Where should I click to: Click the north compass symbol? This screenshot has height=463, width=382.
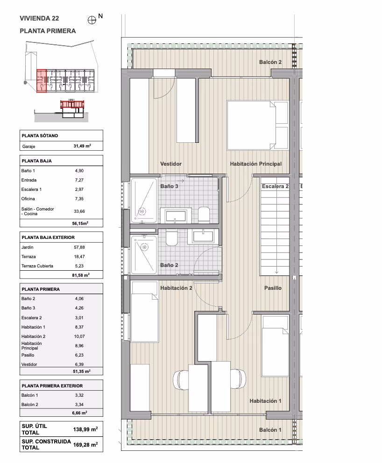tap(92, 20)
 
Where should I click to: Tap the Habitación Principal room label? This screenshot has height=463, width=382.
tap(256, 164)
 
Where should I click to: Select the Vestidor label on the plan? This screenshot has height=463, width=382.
tap(171, 164)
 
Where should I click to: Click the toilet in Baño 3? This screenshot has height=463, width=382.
tap(204, 214)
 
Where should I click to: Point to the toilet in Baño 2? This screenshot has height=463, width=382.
tap(171, 238)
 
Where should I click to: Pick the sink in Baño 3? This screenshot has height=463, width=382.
tap(176, 216)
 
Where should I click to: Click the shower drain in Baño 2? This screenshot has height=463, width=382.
tap(144, 247)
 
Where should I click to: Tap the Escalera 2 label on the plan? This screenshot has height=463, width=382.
tap(275, 186)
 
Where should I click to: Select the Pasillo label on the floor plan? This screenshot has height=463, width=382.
tap(273, 288)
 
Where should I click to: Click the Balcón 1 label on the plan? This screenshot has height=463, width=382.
tap(270, 430)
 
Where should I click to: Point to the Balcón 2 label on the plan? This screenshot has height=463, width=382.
tap(270, 62)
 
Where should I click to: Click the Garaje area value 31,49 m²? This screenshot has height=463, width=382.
tap(82, 146)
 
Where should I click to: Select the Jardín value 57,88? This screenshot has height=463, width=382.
tap(79, 247)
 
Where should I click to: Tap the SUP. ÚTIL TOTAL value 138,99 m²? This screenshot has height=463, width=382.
tap(85, 429)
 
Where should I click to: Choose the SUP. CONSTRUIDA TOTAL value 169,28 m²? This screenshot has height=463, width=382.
tap(85, 444)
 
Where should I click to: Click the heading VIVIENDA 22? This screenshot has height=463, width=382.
tap(39, 18)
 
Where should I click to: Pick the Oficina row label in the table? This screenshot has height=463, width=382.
tap(28, 199)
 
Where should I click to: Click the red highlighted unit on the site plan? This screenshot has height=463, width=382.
tap(42, 81)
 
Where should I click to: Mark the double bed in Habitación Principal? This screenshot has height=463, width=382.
tap(257, 125)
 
